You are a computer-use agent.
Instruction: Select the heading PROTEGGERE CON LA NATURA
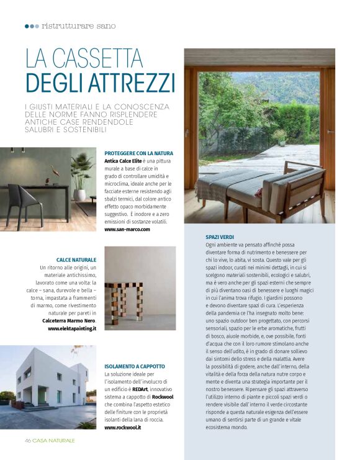[138, 153]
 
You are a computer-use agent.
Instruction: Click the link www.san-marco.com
[127, 229]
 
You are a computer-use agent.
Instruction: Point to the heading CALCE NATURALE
[76, 259]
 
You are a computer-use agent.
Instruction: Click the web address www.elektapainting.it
[72, 328]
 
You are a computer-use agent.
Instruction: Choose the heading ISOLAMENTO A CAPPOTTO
[135, 367]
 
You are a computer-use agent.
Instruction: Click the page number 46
[28, 440]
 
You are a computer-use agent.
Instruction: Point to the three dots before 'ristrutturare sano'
[31, 26]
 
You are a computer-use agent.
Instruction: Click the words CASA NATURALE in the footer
[54, 440]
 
